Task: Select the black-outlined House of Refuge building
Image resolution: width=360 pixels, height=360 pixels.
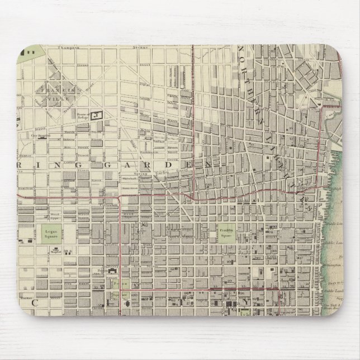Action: [99, 115]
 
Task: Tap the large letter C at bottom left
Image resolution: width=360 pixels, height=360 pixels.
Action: [34, 302]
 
